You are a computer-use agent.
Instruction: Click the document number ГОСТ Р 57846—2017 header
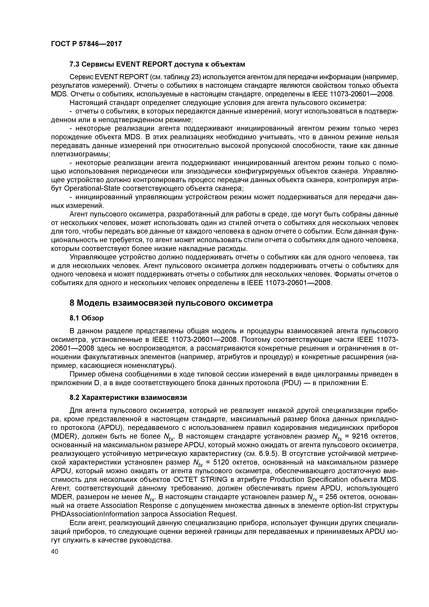coord(86,44)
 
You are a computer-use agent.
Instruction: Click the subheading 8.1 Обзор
coord(86,318)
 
